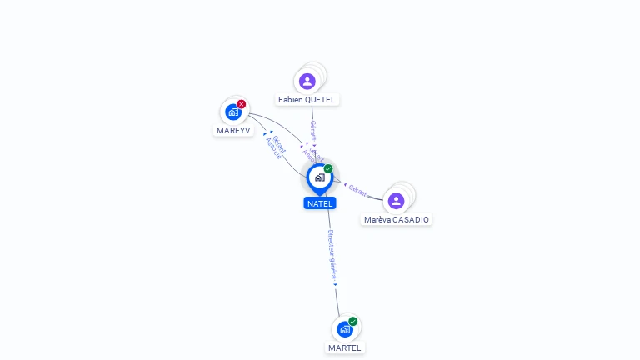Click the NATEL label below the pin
coord(320,203)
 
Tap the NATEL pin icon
coord(319,177)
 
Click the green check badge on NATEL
coord(328,169)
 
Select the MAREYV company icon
coord(233,112)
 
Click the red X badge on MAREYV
coord(242,104)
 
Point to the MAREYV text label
coord(233,130)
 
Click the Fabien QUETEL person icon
coord(307,81)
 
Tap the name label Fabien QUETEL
coord(307,100)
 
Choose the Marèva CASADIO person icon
coord(397,200)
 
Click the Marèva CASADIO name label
coord(397,220)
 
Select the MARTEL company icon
coord(345,329)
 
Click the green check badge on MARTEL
coord(353,322)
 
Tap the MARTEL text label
coord(345,347)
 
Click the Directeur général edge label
coord(332,253)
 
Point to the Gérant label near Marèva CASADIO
coord(358,190)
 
